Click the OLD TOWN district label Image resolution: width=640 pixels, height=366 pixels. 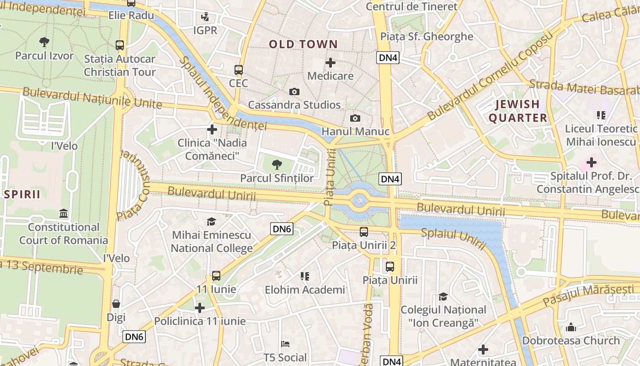click(x=303, y=44)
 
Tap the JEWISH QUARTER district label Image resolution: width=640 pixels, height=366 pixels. click(x=517, y=111)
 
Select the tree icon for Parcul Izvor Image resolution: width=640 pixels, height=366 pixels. click(x=44, y=43)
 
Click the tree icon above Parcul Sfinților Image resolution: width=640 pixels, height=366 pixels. click(x=277, y=165)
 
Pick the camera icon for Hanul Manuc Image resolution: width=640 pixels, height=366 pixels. click(x=355, y=118)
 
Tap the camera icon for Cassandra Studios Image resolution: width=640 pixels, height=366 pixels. click(x=294, y=92)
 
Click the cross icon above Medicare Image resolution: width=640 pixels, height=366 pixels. click(x=331, y=63)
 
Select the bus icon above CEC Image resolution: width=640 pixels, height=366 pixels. click(x=239, y=70)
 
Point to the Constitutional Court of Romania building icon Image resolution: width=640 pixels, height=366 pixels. click(x=64, y=214)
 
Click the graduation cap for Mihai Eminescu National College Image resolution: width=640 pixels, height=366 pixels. click(x=211, y=222)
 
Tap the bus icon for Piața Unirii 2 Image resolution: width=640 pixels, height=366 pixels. click(x=364, y=232)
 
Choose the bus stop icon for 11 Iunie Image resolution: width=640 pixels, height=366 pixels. click(x=216, y=276)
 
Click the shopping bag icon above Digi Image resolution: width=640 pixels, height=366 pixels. click(x=116, y=304)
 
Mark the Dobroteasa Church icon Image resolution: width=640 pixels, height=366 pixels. click(x=571, y=327)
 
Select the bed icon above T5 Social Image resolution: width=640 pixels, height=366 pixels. click(x=285, y=344)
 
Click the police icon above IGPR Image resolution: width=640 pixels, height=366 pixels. click(x=205, y=17)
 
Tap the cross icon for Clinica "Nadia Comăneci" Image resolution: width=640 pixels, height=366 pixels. click(x=212, y=129)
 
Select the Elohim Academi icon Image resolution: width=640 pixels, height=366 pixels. click(x=305, y=276)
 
